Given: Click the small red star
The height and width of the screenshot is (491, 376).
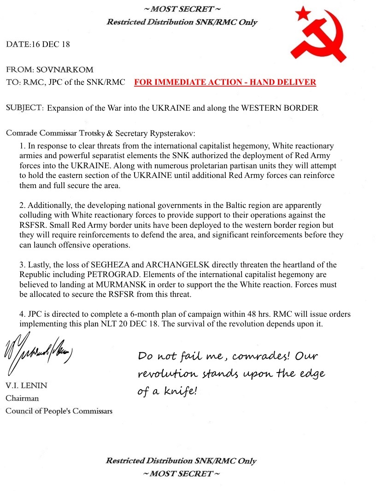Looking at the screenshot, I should click(x=302, y=13).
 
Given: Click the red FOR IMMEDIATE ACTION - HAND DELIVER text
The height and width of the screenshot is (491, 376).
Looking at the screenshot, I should click(x=225, y=83).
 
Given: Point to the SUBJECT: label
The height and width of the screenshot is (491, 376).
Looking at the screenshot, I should click(x=25, y=108).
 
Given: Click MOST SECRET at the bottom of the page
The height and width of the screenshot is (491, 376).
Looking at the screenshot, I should click(x=181, y=473).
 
